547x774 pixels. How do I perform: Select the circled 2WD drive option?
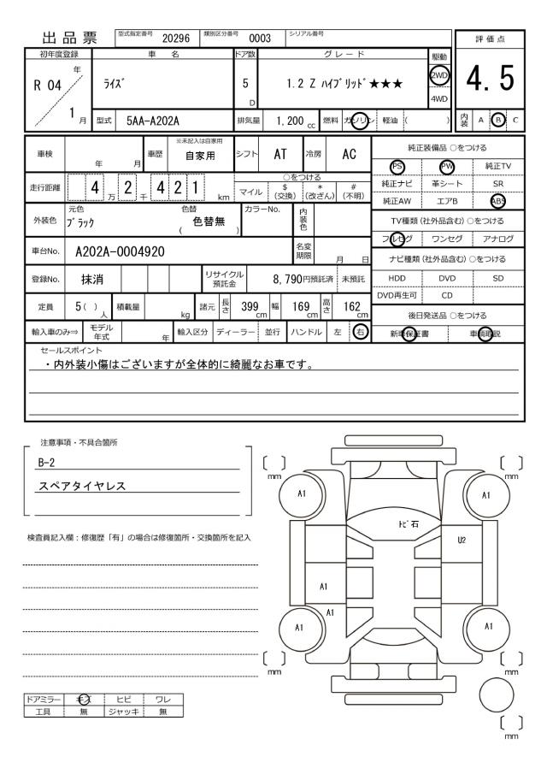tap(441, 74)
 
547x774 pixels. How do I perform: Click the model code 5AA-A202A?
tap(152, 121)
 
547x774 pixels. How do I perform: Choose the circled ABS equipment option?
tap(498, 202)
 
